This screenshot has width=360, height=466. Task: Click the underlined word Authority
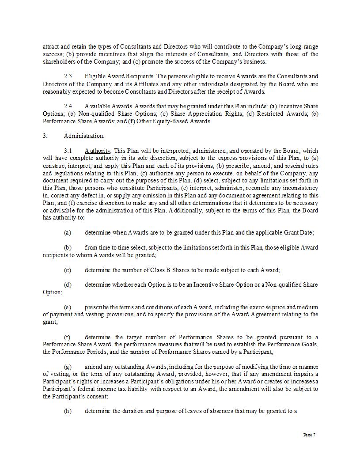(x=98, y=151)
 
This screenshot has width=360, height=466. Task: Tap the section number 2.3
(x=68, y=76)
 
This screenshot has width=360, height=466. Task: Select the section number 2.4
(x=68, y=106)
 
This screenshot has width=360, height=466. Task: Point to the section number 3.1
(x=68, y=151)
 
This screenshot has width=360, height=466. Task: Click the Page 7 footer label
(x=309, y=435)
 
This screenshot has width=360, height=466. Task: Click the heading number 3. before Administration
(x=45, y=136)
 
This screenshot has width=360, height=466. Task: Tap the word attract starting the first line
(x=50, y=47)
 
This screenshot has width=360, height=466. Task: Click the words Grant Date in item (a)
(x=300, y=233)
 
